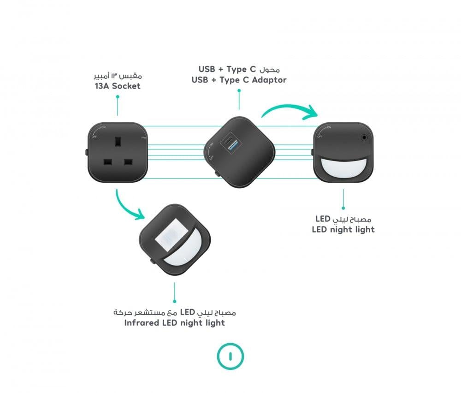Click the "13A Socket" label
click(118, 86)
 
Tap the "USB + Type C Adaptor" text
click(239, 80)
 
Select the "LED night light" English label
click(343, 229)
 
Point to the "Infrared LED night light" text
click(175, 323)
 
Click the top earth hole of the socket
click(118, 141)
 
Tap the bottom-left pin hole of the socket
click(107, 162)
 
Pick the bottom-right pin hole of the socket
click(128, 162)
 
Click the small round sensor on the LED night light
click(364, 137)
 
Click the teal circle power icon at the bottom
click(230, 356)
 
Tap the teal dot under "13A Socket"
click(118, 96)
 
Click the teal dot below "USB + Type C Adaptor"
click(239, 90)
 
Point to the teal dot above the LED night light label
click(343, 208)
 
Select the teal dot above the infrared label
click(175, 301)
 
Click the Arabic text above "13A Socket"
click(118, 76)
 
